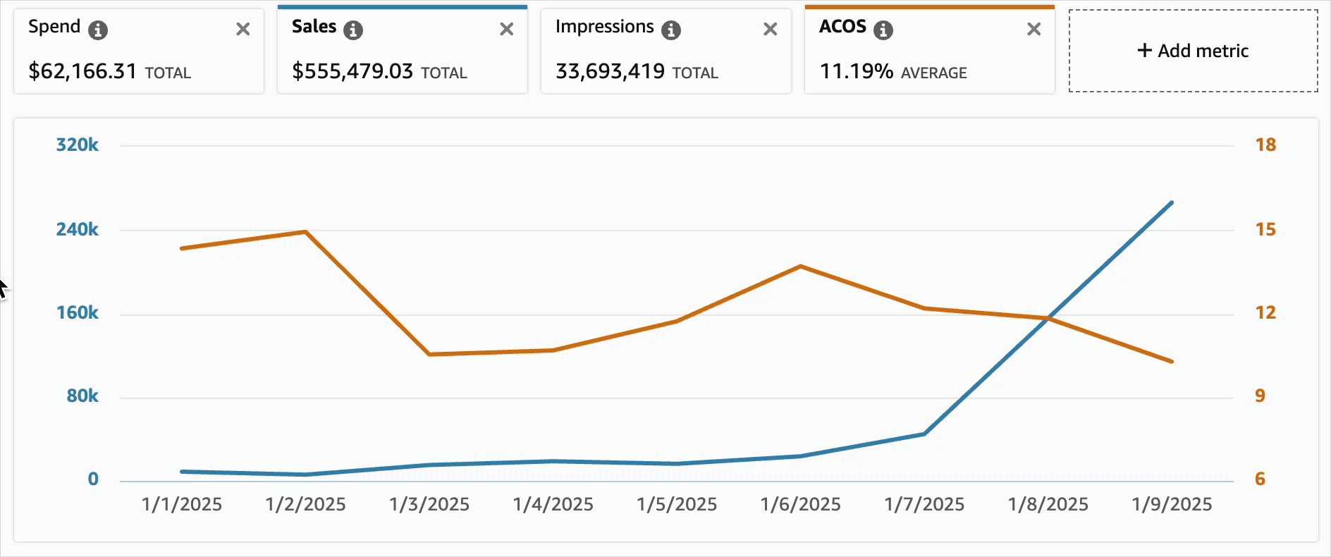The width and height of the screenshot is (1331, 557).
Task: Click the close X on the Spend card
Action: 243,29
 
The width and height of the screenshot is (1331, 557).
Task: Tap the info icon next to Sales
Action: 353,30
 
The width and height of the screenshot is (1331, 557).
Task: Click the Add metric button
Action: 1193,51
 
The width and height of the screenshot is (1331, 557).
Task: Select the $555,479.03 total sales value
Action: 352,71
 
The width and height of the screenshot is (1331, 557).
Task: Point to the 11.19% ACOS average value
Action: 857,71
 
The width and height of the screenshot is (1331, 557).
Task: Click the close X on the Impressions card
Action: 771,29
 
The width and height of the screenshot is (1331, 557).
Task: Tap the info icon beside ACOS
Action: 883,30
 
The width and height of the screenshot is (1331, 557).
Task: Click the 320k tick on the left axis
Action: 77,145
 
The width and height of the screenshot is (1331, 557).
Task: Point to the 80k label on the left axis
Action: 82,396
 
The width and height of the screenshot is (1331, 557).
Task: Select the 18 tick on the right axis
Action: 1265,145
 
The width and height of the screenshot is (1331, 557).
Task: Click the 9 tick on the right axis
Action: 1260,396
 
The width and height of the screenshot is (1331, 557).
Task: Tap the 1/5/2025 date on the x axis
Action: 677,505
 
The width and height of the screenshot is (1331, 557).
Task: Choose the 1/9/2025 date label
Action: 1172,505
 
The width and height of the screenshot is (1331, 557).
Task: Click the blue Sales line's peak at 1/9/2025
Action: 1172,203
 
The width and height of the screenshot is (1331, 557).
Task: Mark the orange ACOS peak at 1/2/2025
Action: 305,232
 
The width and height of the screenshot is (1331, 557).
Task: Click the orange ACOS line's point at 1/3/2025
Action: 429,354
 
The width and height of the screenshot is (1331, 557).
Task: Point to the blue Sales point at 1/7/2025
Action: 924,434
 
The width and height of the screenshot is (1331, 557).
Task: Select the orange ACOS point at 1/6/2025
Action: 801,267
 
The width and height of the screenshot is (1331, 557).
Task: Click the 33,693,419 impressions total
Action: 610,71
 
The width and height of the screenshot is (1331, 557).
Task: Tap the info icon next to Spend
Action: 98,30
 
